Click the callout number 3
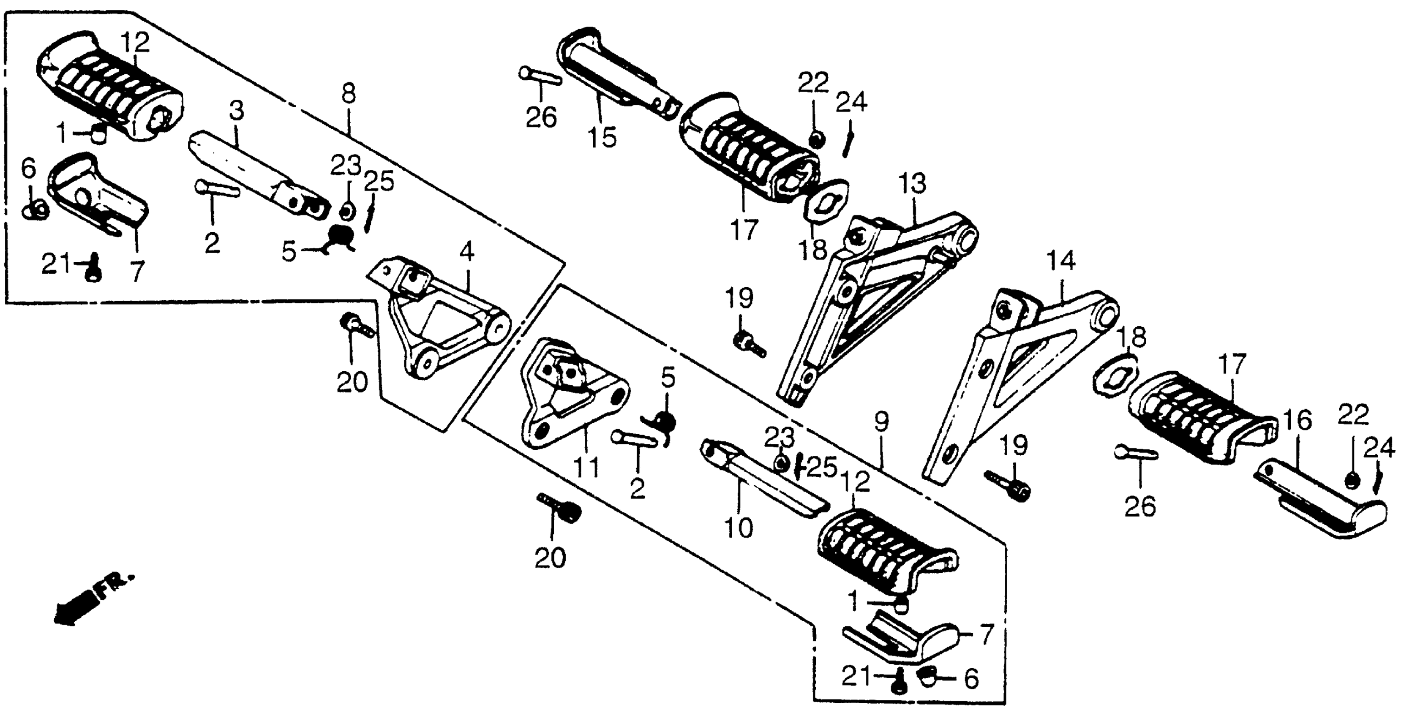coord(237,111)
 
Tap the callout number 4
coord(467,252)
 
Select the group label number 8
coord(349,94)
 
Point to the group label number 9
coord(881,421)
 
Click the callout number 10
coord(739,528)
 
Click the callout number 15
coord(602,137)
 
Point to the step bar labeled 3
coord(256,174)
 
